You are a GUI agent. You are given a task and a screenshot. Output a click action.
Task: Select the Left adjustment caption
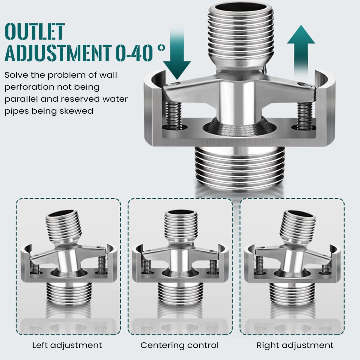click(x=67, y=345)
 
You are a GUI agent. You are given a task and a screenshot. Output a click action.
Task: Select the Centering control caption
click(x=179, y=345)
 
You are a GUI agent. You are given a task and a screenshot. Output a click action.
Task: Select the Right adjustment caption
click(x=295, y=345)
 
